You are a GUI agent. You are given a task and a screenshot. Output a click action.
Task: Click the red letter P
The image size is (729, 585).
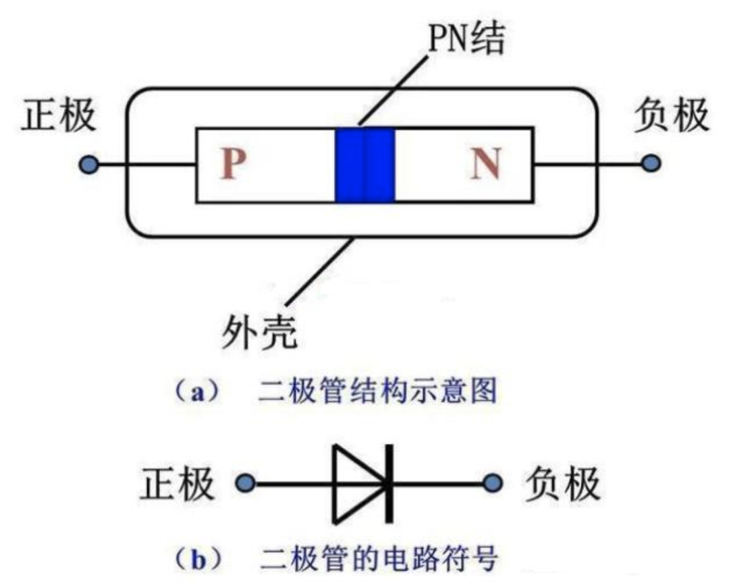231,164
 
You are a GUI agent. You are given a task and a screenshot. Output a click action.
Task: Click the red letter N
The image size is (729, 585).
486,164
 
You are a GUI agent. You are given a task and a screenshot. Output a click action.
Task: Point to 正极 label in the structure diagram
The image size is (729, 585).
59,116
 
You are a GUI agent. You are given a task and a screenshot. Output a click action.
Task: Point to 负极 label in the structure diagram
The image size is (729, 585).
672,116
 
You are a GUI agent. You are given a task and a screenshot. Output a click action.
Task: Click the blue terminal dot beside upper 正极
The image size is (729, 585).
88,164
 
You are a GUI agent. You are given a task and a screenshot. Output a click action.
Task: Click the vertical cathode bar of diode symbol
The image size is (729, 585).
389,483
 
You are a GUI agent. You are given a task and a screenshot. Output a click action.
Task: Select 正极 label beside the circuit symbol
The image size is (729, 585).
177,483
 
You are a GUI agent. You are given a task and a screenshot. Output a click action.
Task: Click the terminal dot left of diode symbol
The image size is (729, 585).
245,483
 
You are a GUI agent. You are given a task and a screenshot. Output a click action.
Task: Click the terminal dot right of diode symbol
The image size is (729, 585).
495,483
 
